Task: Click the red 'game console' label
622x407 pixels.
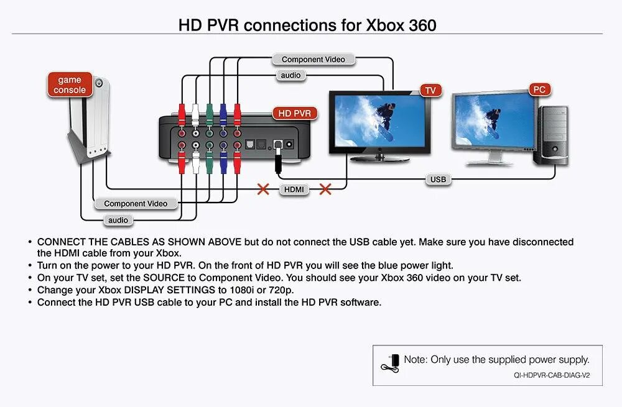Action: (x=70, y=85)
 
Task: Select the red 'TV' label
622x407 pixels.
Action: (x=430, y=90)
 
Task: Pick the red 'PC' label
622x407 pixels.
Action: (x=539, y=89)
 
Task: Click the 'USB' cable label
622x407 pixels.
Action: (x=438, y=180)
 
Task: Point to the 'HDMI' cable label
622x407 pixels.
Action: (x=294, y=189)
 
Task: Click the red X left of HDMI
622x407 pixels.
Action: (x=264, y=188)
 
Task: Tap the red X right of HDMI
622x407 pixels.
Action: (x=325, y=188)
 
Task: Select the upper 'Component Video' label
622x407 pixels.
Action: (x=313, y=60)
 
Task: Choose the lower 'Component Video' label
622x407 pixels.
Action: (x=136, y=203)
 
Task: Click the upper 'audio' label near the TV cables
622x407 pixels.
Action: (x=290, y=75)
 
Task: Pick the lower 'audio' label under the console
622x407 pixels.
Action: (x=118, y=220)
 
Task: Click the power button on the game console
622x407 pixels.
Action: (x=99, y=83)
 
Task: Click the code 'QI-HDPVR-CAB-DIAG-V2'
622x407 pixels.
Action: (x=552, y=375)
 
